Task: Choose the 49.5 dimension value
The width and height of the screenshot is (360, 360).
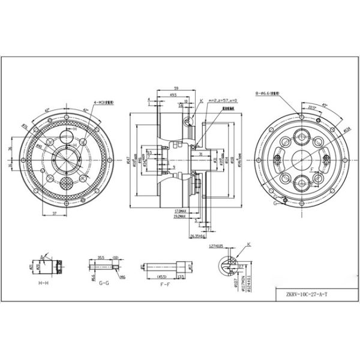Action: pyautogui.click(x=173, y=95)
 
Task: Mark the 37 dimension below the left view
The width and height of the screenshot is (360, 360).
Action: pyautogui.click(x=54, y=213)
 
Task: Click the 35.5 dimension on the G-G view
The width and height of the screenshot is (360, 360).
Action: pyautogui.click(x=101, y=258)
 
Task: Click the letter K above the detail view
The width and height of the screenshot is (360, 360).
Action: pyautogui.click(x=248, y=244)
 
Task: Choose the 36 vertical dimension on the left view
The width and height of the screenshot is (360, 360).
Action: pyautogui.click(x=10, y=147)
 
